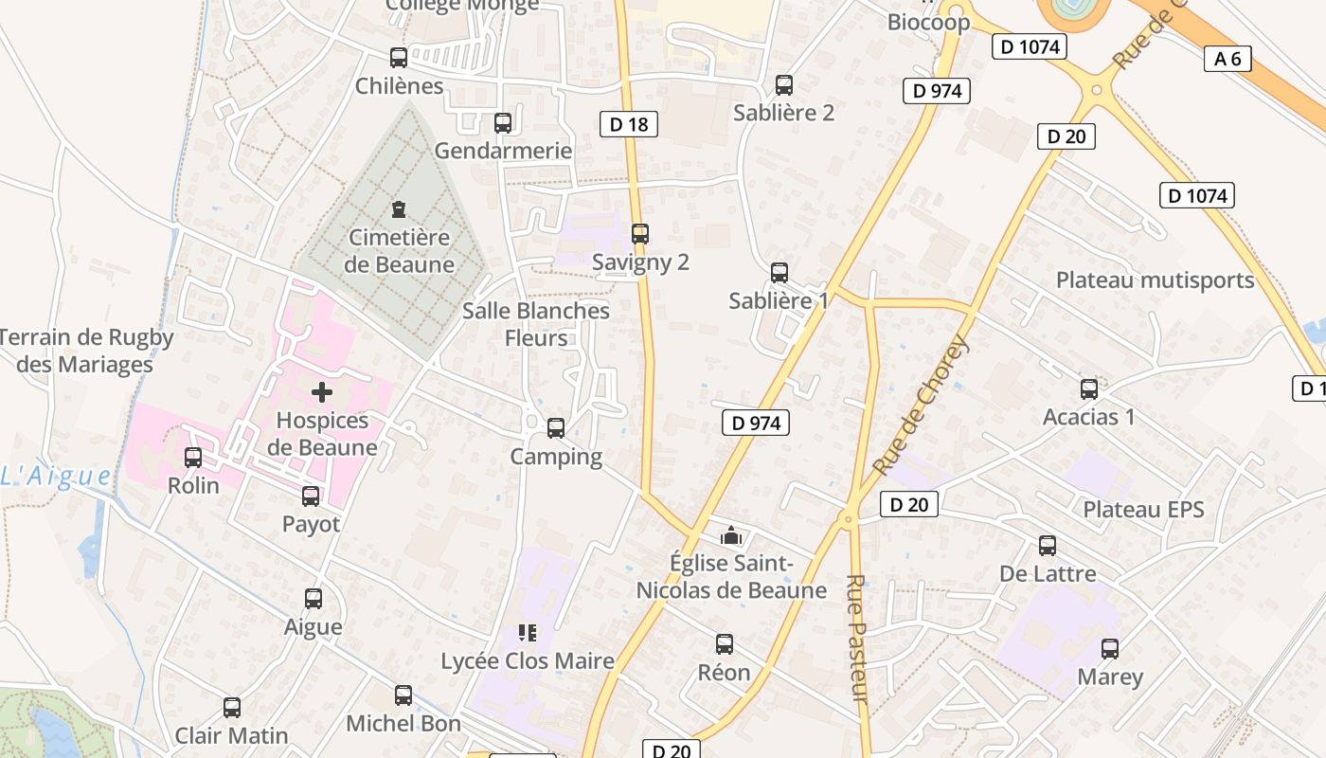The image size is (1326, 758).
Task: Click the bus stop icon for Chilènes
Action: point(399,58)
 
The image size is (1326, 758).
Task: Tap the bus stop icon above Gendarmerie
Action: point(503,123)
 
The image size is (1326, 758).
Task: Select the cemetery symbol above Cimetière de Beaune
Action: point(399,208)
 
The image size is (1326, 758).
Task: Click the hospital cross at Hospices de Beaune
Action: point(322,391)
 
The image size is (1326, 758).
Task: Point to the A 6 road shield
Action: point(1227,59)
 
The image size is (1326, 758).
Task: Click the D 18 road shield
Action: point(629,124)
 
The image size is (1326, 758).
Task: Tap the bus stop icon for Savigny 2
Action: point(640,233)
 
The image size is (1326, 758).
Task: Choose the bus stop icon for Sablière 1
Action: point(779,273)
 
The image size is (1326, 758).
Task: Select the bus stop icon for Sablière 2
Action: point(784,85)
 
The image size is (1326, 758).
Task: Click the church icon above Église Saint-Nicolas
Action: point(730,536)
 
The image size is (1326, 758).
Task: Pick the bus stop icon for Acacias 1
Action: point(1089,388)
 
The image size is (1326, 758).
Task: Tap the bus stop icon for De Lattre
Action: point(1048,546)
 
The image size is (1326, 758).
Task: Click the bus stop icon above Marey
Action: point(1110,649)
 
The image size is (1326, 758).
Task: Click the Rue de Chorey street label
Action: point(920,405)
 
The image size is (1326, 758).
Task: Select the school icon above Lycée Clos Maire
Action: point(528,632)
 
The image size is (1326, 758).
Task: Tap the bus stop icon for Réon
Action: point(725,644)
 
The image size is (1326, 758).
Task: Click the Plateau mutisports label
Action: point(1155,280)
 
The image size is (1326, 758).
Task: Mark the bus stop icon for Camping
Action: point(556,428)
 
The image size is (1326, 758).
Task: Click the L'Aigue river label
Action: point(56,477)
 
